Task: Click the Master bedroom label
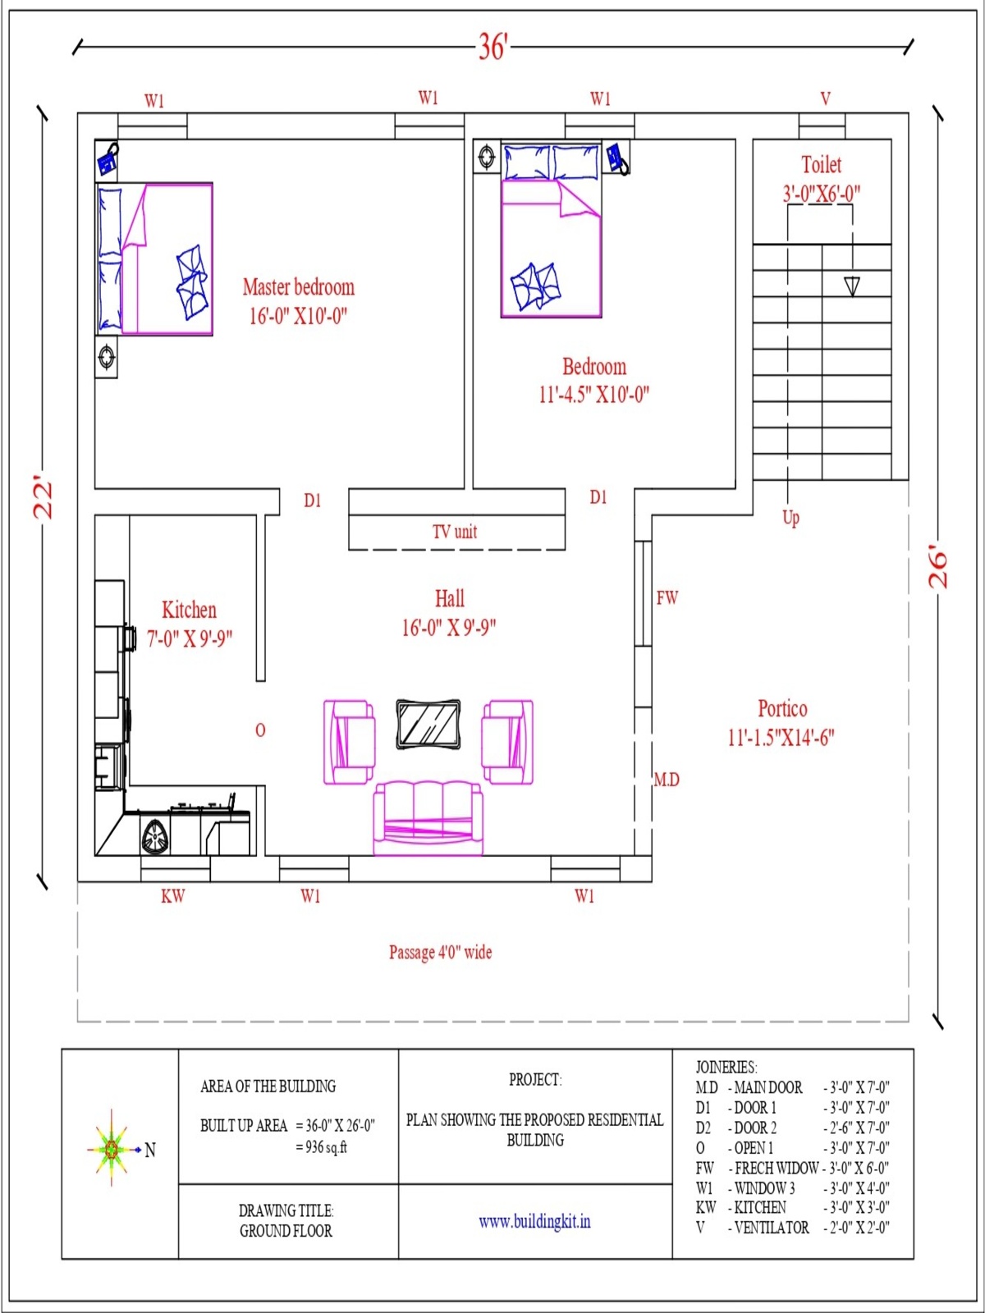click(x=299, y=287)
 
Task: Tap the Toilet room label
click(x=821, y=164)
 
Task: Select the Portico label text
click(x=782, y=709)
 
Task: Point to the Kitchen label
click(x=189, y=611)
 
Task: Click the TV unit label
click(x=455, y=531)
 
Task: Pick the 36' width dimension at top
click(x=493, y=47)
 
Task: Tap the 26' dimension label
click(x=938, y=566)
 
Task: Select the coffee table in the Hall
click(x=428, y=724)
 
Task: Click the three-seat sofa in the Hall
click(x=428, y=817)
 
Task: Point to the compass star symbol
click(x=112, y=1149)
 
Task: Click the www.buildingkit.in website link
click(x=534, y=1221)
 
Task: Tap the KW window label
click(x=173, y=896)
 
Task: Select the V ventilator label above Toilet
click(x=825, y=98)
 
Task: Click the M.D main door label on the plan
click(x=667, y=780)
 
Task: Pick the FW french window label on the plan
click(x=667, y=597)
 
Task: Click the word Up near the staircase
click(x=790, y=518)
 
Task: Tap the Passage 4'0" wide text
click(x=441, y=952)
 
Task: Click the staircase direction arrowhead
click(x=852, y=286)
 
